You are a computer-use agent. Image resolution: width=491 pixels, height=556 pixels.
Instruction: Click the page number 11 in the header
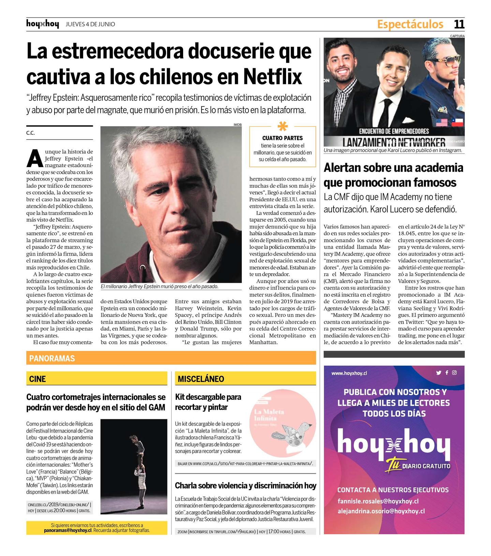(x=459, y=24)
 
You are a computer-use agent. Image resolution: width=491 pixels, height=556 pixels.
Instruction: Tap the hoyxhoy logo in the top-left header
(x=43, y=24)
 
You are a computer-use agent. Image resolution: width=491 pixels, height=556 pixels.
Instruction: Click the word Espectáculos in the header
(x=410, y=24)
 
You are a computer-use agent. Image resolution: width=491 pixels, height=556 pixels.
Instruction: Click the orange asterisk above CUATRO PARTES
(x=283, y=127)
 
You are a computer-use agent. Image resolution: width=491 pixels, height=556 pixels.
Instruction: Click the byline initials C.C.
(x=30, y=133)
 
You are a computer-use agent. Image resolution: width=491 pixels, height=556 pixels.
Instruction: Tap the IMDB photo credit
(x=237, y=125)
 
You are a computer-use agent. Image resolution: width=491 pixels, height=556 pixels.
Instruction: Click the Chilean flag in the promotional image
(x=458, y=122)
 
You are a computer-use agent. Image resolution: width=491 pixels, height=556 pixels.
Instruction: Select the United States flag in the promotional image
(x=442, y=122)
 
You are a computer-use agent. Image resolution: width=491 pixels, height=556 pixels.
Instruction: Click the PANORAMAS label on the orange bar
(x=52, y=358)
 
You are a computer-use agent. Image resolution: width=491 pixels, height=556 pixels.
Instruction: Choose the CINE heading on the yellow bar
(x=38, y=379)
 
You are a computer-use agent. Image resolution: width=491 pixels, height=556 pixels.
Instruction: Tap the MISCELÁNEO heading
(x=201, y=379)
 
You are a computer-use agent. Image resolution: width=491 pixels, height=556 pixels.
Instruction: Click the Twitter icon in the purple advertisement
(x=438, y=373)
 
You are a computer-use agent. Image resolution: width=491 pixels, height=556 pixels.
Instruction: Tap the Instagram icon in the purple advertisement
(x=455, y=372)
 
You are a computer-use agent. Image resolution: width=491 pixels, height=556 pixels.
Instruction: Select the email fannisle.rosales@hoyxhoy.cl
(x=378, y=501)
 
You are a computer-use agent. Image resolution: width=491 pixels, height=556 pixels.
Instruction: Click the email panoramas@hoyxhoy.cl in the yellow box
(x=68, y=530)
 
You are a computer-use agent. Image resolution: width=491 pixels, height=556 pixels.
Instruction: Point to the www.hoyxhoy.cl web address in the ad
(x=349, y=373)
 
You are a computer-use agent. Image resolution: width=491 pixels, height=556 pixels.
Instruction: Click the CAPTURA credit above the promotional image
(x=457, y=36)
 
